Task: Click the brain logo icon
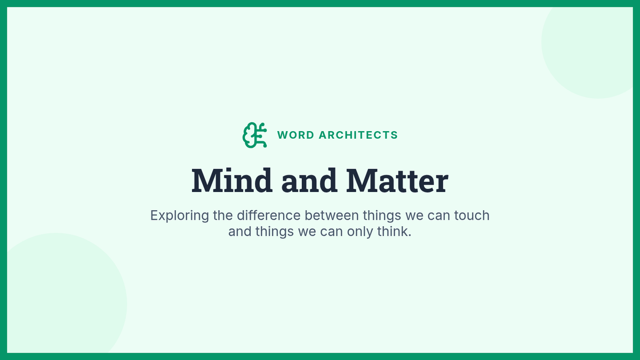(x=254, y=135)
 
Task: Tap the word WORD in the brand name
(x=295, y=135)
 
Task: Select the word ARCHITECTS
(x=358, y=135)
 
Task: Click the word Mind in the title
(x=231, y=181)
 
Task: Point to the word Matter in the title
(x=397, y=181)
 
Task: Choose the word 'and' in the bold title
(x=309, y=181)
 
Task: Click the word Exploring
(x=180, y=215)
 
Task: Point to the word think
(x=393, y=231)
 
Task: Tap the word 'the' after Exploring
(x=223, y=215)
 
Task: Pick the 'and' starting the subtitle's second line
(x=239, y=231)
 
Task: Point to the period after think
(x=410, y=236)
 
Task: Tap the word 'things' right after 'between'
(x=382, y=215)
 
